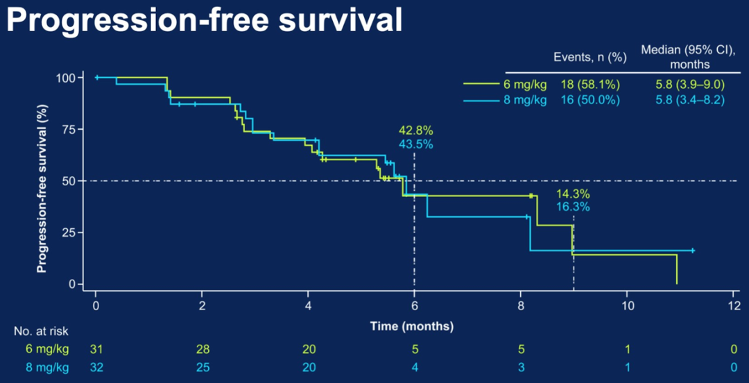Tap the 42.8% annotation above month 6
(415, 130)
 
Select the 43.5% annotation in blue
(415, 144)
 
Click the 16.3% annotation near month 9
(573, 207)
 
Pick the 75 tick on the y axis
(67, 129)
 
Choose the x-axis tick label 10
(627, 305)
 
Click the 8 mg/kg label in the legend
(525, 99)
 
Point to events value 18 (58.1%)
(589, 85)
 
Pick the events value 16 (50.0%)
(589, 99)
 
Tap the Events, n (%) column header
(589, 58)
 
